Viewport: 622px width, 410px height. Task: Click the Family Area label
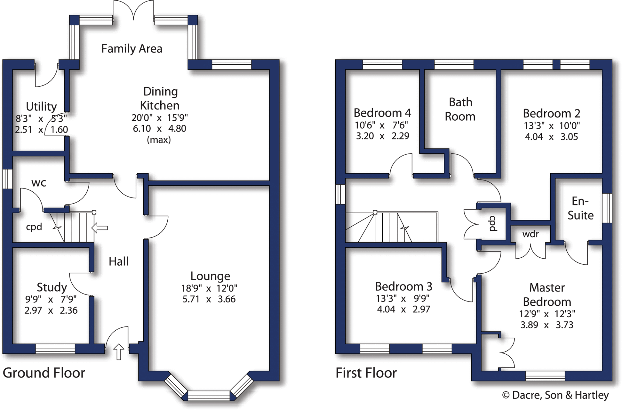coord(132,49)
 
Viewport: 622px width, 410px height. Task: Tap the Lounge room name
coord(210,276)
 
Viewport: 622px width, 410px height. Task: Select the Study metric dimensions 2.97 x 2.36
coord(51,310)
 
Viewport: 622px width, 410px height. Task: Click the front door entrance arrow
coord(119,352)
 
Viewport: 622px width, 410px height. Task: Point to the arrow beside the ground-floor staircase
coord(100,228)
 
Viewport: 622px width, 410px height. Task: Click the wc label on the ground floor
coord(39,183)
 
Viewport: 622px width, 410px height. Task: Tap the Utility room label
coord(41,107)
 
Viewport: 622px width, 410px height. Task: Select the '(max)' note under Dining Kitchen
coord(159,140)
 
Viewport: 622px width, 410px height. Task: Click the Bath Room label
coord(460,109)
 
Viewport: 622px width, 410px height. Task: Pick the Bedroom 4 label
coord(382,113)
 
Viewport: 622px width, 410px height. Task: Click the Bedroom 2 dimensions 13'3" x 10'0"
coord(552,126)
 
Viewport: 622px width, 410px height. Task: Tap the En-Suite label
coord(580,208)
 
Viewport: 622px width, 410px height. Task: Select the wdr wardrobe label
coord(530,234)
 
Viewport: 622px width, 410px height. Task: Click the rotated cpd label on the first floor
coord(493,224)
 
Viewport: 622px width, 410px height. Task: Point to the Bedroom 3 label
coord(403,287)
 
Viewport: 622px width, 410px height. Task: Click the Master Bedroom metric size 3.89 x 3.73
coord(547,325)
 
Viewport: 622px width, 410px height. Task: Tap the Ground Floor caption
coord(44,373)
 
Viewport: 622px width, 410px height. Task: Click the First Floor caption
coord(366,373)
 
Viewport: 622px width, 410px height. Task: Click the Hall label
coord(118,261)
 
